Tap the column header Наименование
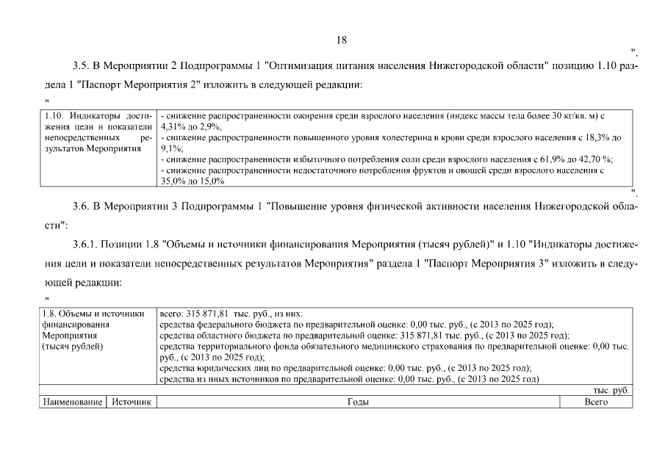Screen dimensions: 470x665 click(72, 402)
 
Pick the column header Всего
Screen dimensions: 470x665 click(595, 402)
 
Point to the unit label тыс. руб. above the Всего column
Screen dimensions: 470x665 click(611, 391)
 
